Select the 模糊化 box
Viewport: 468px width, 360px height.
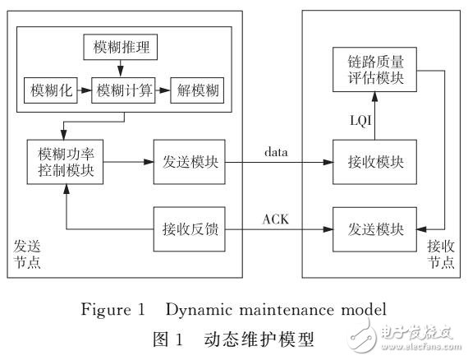click(51, 88)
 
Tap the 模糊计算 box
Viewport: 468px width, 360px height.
click(122, 88)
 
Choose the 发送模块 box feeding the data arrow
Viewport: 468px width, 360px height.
click(186, 159)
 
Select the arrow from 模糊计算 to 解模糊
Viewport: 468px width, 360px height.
click(161, 88)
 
